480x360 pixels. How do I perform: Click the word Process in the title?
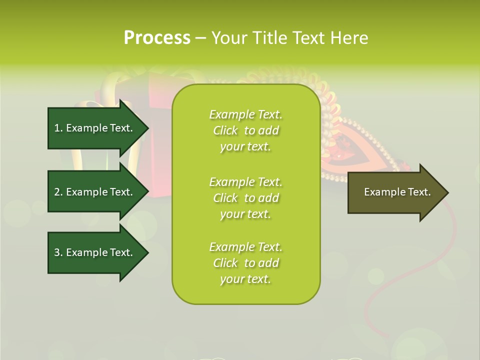[157, 37]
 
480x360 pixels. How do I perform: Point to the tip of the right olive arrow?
[447, 192]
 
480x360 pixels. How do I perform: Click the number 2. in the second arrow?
[58, 192]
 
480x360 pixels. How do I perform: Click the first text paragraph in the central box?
[245, 130]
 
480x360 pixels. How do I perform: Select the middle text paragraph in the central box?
[245, 198]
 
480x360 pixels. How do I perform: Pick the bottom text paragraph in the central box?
[245, 263]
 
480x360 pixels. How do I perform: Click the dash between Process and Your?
[200, 38]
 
